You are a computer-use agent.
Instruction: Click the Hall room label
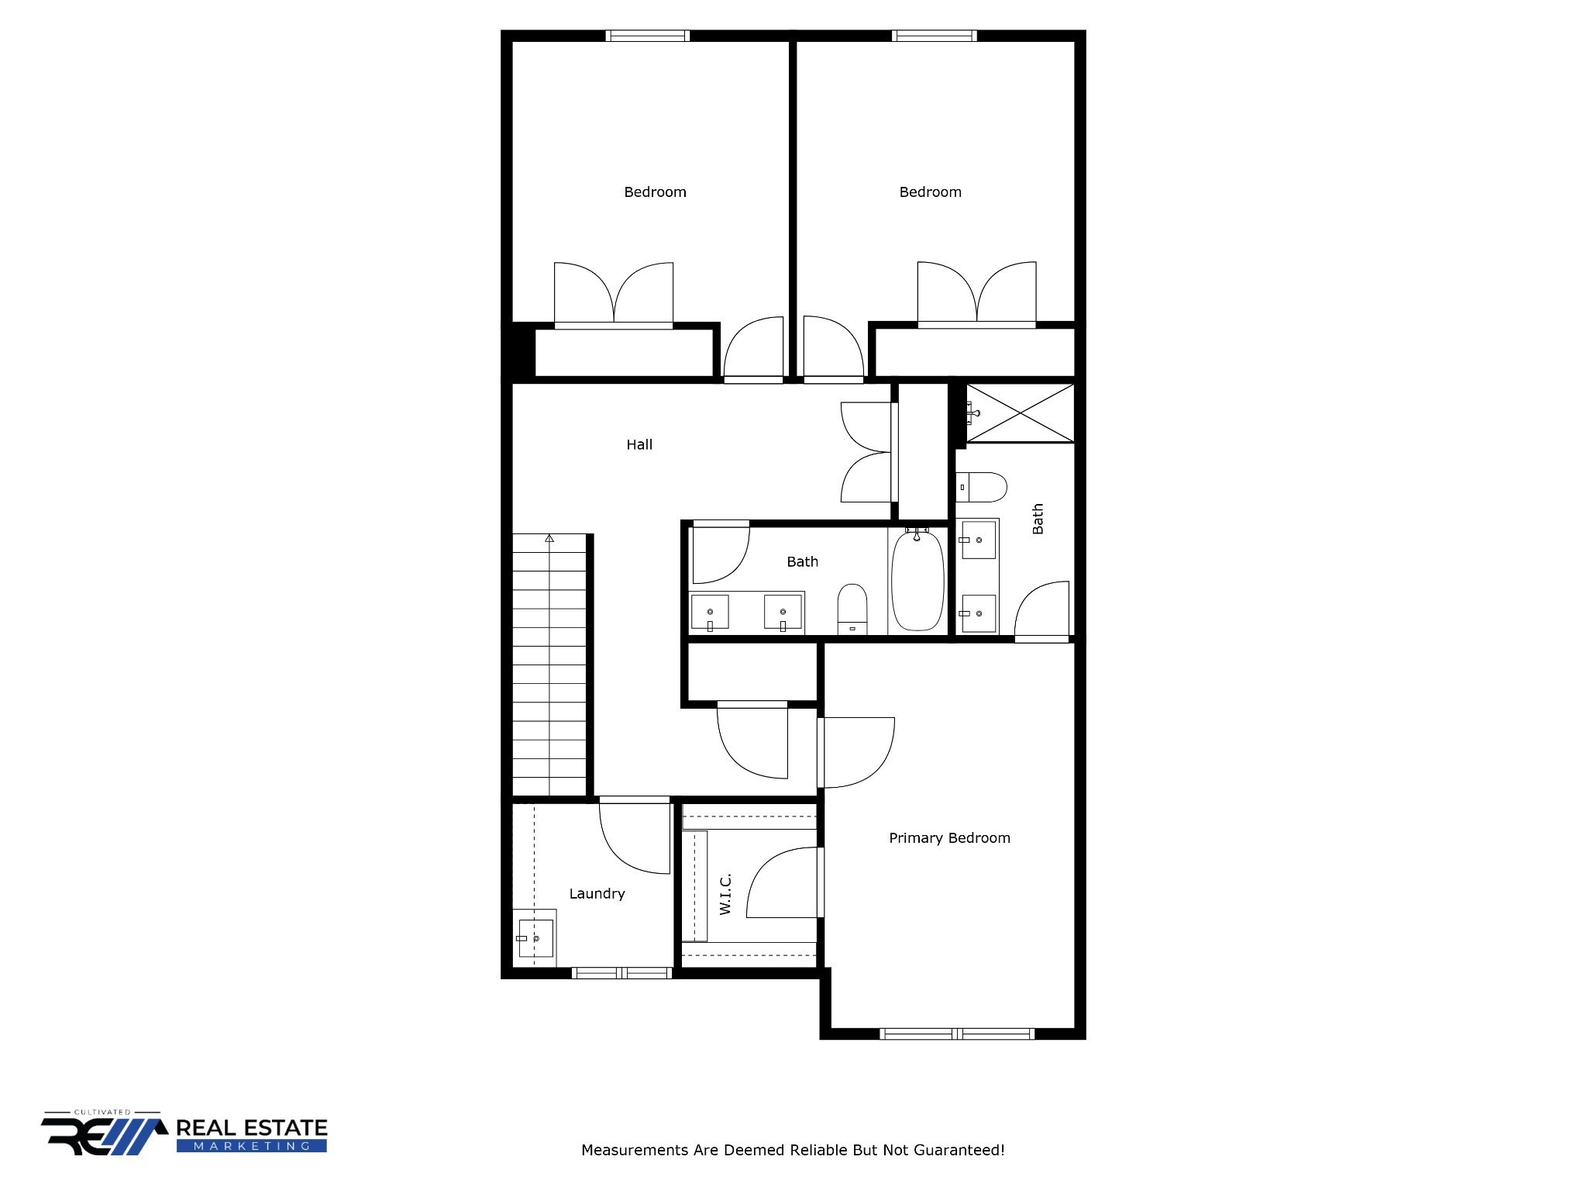639,444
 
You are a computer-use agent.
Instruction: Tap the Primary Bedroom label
949,837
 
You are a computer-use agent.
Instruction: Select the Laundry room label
597,893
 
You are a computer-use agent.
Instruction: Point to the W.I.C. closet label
725,894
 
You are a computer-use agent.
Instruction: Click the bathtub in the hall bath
917,579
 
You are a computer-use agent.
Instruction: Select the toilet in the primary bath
982,487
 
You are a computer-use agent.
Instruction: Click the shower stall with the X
1021,413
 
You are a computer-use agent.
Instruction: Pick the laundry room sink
535,938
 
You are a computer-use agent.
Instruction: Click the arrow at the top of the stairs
549,537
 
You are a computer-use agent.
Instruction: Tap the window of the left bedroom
648,36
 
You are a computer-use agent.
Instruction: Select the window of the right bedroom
935,36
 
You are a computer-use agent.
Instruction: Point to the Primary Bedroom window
957,1034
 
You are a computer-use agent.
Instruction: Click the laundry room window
621,973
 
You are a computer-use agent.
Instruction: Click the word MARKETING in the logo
252,1146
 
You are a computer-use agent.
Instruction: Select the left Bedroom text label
655,192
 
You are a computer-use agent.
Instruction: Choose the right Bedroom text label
930,192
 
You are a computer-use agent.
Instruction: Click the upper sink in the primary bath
977,540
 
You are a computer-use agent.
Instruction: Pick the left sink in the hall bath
710,613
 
